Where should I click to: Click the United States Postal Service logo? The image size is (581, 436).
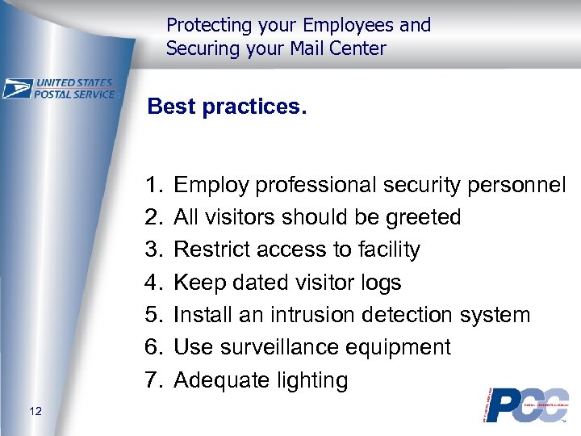tap(61, 89)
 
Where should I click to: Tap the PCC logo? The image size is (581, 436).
tap(525, 405)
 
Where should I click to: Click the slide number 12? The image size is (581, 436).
tap(34, 413)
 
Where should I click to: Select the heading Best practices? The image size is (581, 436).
tap(228, 107)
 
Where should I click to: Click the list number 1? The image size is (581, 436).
tap(155, 185)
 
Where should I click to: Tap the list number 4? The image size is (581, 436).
tap(155, 283)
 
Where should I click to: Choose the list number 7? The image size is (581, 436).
tap(155, 379)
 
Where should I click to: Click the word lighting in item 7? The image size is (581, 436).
tap(312, 380)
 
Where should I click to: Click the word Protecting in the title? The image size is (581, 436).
tap(207, 25)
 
